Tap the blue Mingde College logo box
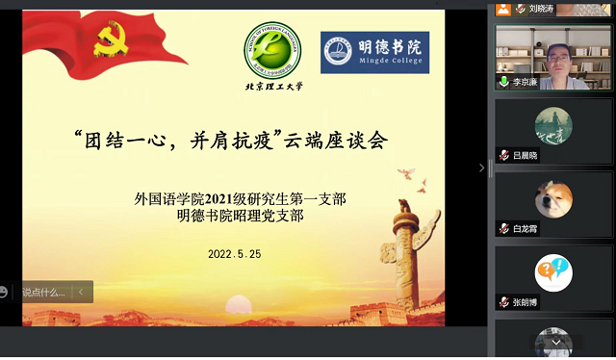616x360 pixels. (374, 52)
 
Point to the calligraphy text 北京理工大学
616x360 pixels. (272, 86)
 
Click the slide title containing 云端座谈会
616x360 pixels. (230, 140)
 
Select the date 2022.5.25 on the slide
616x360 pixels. (235, 255)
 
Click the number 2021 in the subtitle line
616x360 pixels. (238, 199)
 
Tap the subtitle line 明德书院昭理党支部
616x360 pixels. (240, 216)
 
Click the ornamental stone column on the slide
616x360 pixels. (402, 250)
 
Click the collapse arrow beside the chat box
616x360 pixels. (82, 292)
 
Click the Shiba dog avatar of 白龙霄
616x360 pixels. (552, 198)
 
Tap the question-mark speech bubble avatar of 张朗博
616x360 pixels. (552, 272)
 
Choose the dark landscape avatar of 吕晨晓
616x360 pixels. (552, 125)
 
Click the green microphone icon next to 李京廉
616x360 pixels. (503, 83)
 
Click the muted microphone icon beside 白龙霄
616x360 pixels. (503, 229)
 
